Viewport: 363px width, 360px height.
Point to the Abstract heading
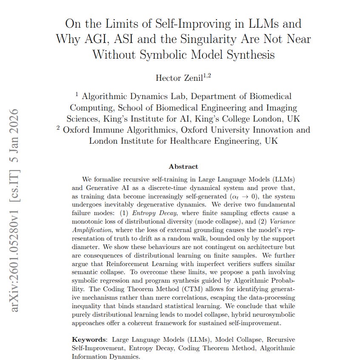(183, 167)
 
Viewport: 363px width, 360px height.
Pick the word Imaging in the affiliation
(279, 108)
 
